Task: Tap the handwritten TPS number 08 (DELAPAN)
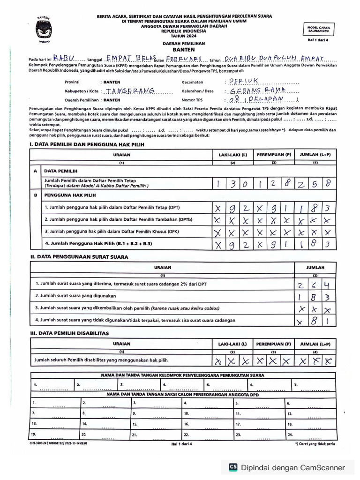[261, 100]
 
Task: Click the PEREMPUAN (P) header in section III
[274, 344]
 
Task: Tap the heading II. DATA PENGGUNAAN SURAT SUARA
[79, 257]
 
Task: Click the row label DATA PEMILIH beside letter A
[61, 172]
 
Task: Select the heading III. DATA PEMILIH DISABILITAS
[69, 333]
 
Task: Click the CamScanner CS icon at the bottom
[233, 467]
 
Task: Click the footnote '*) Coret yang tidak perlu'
[316, 443]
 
